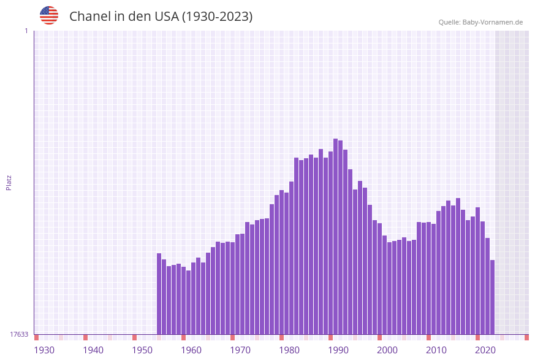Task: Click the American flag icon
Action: [49, 15]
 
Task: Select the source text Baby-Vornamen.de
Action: [492, 23]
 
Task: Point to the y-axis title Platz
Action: [9, 182]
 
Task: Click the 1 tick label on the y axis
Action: [26, 31]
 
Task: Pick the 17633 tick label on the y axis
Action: [18, 334]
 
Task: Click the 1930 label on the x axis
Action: [44, 350]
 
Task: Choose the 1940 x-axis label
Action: [93, 350]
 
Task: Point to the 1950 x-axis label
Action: [142, 350]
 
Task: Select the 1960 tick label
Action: [191, 350]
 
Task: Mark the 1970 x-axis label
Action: [240, 350]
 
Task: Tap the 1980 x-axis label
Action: [289, 350]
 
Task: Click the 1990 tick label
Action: [338, 350]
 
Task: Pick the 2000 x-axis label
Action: [387, 350]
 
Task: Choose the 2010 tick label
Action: [436, 350]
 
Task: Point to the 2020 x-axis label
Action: [485, 350]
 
